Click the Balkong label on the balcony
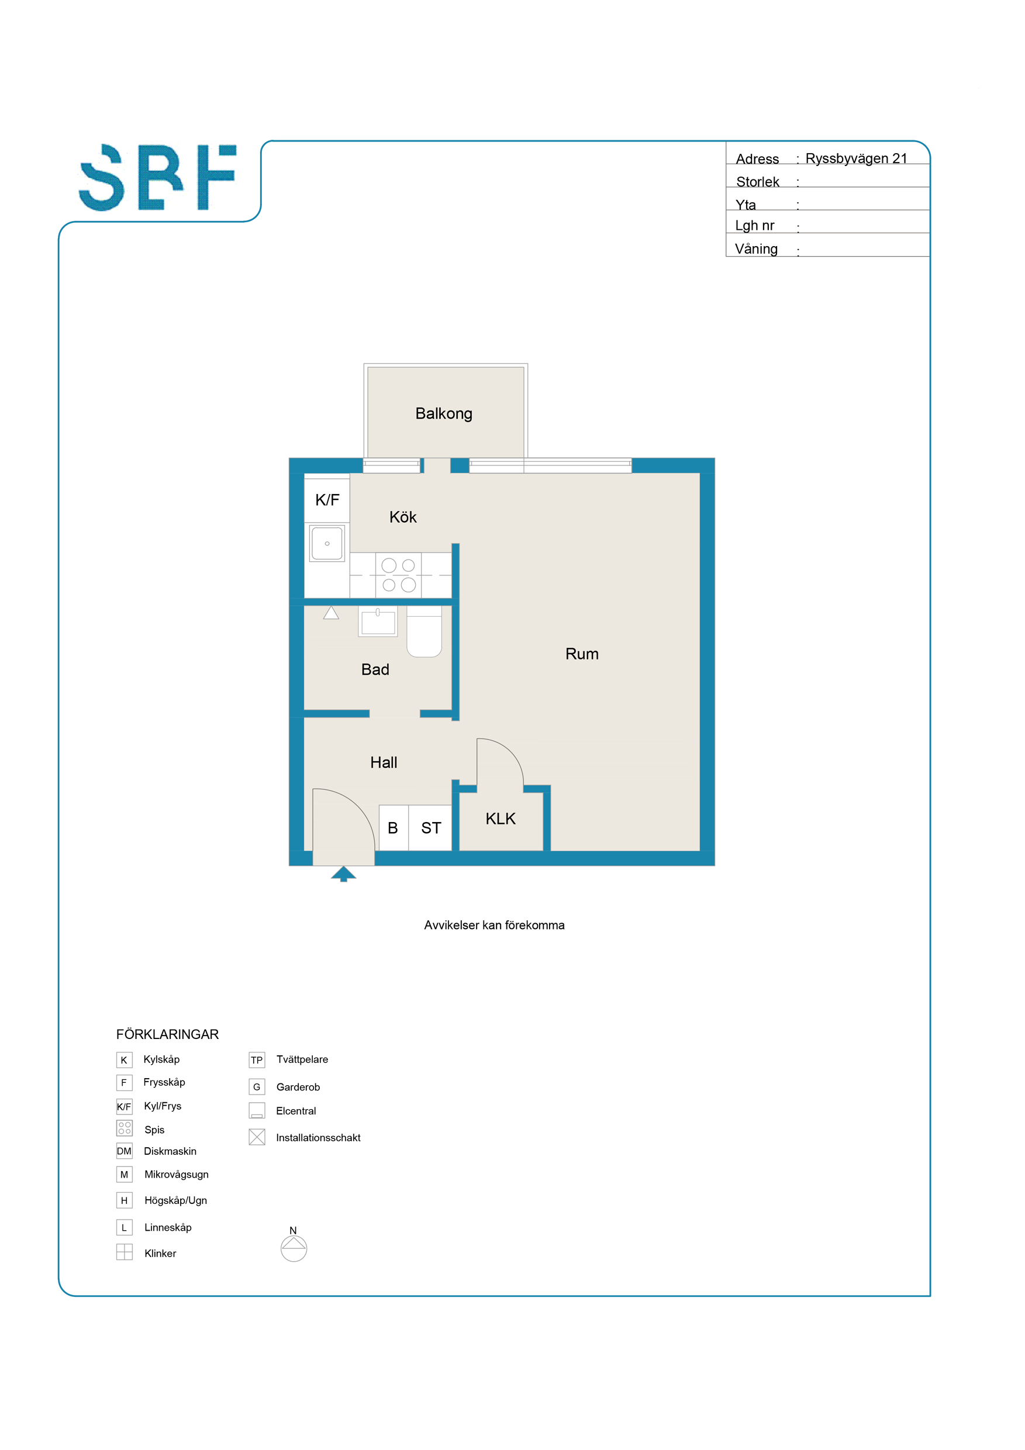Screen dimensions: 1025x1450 pos(443,413)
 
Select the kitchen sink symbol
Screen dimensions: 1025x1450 pos(327,543)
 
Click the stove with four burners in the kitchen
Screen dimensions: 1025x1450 pos(399,575)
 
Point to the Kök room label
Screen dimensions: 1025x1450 pos(403,517)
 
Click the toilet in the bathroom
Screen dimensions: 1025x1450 pos(424,631)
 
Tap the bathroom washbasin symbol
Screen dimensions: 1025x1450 pos(378,622)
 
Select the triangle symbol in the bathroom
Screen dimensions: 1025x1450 pos(331,613)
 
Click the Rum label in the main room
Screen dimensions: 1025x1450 pos(582,654)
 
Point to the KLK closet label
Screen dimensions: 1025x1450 pos(500,819)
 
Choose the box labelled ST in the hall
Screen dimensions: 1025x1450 pos(430,827)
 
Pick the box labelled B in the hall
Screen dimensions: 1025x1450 pos(394,827)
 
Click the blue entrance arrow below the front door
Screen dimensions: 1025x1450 pos(344,874)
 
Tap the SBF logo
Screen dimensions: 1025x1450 pos(158,178)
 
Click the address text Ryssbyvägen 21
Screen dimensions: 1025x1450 pos(856,158)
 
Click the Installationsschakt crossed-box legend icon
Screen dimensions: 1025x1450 pos(257,1137)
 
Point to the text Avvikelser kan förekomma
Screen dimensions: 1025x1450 pos(494,925)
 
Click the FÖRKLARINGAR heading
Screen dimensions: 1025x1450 pos(167,1034)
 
